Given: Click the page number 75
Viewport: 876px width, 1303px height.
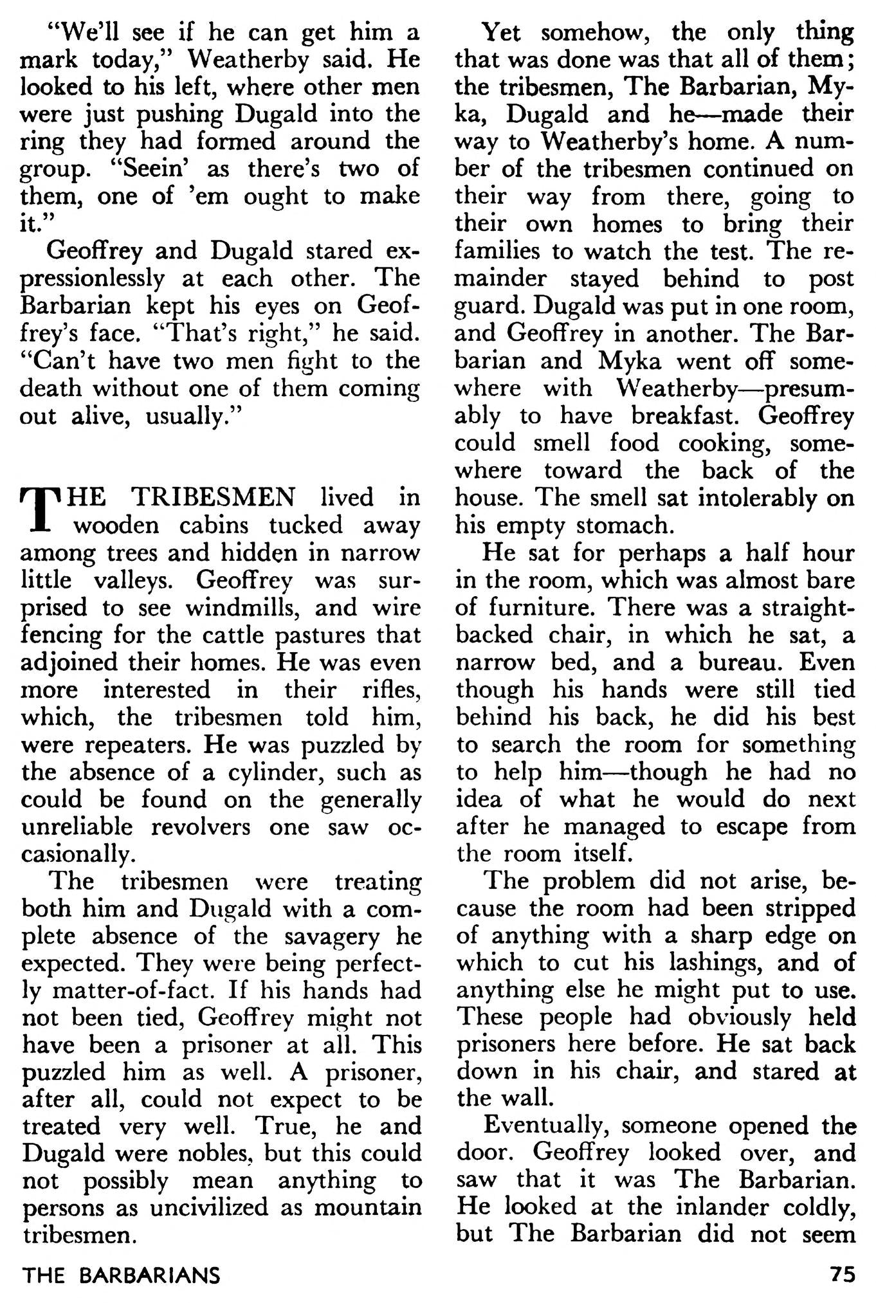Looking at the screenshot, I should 841,1274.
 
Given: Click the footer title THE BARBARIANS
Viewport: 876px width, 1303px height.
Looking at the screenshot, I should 121,1274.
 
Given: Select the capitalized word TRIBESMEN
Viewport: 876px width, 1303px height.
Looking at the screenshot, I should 213,498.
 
